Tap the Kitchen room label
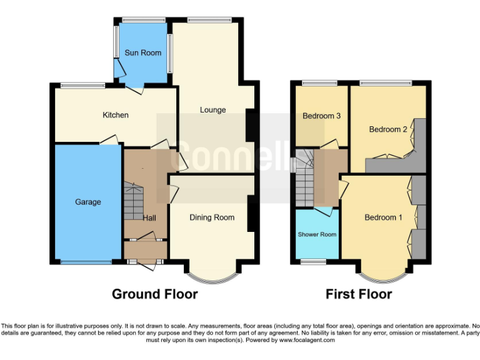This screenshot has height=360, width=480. pyautogui.click(x=116, y=115)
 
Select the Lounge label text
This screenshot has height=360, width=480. pyautogui.click(x=212, y=111)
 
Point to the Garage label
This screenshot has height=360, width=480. pyautogui.click(x=88, y=202)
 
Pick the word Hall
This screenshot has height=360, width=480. pyautogui.click(x=149, y=217)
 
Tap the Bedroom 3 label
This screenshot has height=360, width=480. pyautogui.click(x=321, y=116)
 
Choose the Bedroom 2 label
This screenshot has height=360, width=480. pyautogui.click(x=387, y=129)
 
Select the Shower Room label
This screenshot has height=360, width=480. pyautogui.click(x=317, y=234)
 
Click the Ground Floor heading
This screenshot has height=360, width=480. pyautogui.click(x=154, y=294)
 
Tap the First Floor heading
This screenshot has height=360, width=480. pyautogui.click(x=359, y=294)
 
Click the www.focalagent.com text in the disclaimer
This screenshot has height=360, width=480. pyautogui.click(x=302, y=340)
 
